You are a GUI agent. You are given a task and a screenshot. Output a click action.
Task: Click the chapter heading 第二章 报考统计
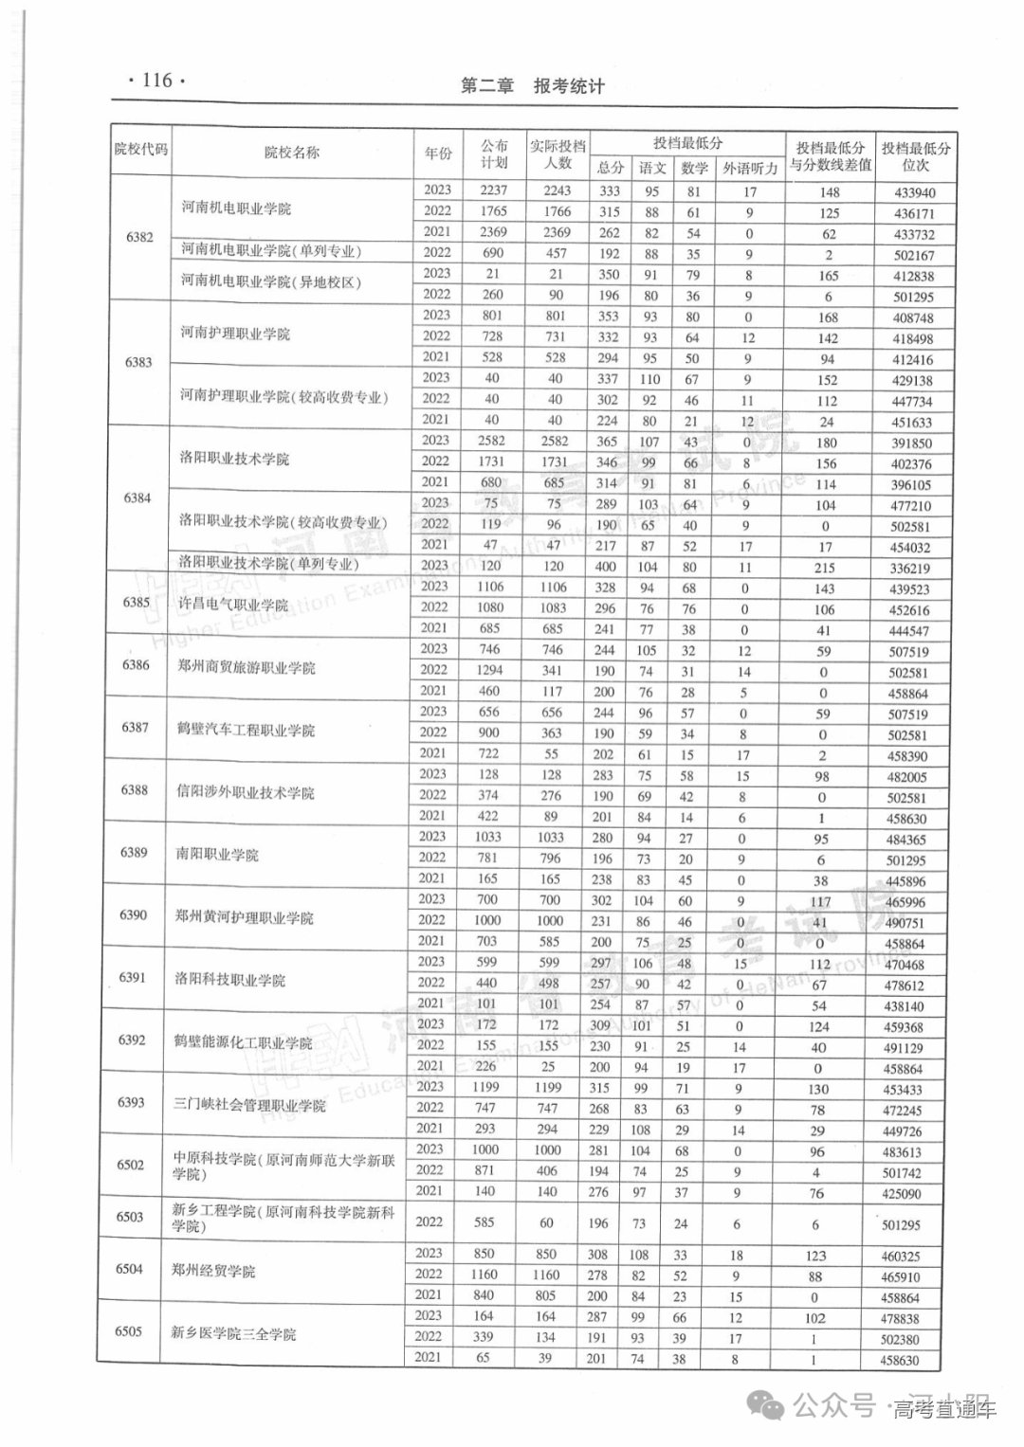coord(532,86)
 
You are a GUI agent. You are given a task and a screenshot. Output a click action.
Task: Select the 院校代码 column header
coord(140,150)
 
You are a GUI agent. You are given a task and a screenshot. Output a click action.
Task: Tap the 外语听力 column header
coord(750,169)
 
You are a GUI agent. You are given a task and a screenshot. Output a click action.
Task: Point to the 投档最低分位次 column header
coord(915,156)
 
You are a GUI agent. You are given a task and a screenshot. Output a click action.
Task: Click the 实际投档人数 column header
coord(558,154)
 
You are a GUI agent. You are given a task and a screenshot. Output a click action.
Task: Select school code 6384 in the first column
coord(137,497)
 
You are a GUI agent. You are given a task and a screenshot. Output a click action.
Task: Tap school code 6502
coord(131,1165)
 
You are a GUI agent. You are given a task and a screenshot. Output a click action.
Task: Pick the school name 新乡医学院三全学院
coord(235,1333)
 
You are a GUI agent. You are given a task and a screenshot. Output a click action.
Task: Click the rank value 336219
coord(910,569)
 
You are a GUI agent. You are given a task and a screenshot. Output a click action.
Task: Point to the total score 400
coord(607,566)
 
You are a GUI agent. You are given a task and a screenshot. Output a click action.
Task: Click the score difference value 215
coord(824,568)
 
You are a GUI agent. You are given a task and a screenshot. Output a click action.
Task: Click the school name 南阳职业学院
coord(217,854)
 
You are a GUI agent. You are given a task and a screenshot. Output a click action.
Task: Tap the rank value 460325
coord(901,1257)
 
